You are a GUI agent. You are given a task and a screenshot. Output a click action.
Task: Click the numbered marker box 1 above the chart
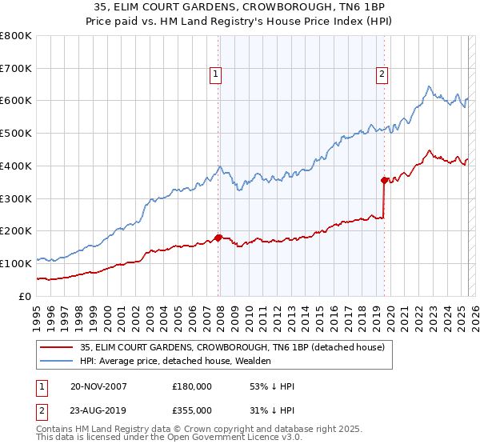pyautogui.click(x=216, y=74)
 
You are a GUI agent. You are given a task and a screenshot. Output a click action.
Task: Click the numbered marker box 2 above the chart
pyautogui.click(x=382, y=74)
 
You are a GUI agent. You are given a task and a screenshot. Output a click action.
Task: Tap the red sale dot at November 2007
pyautogui.click(x=218, y=238)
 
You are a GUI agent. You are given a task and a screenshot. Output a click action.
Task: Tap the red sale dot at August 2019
pyautogui.click(x=384, y=180)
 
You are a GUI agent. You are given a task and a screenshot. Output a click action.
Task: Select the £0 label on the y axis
pyautogui.click(x=26, y=296)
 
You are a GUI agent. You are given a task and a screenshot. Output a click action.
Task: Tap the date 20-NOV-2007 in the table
pyautogui.click(x=99, y=386)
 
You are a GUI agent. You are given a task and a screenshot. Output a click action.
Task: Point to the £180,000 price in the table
pyautogui.click(x=192, y=386)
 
